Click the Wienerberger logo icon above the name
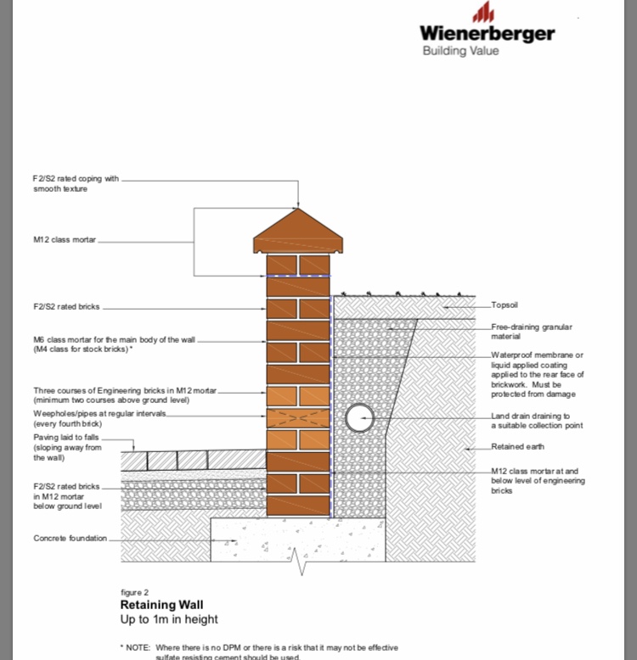[483, 12]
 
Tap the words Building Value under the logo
[460, 51]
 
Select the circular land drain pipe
[359, 417]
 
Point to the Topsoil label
[506, 305]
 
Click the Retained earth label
[517, 446]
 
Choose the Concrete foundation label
[70, 538]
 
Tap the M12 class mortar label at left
[65, 240]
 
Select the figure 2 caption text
[135, 592]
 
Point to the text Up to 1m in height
[169, 620]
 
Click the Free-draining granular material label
[532, 332]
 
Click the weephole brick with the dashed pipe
[297, 418]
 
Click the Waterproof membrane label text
[538, 374]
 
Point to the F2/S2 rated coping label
[76, 183]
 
